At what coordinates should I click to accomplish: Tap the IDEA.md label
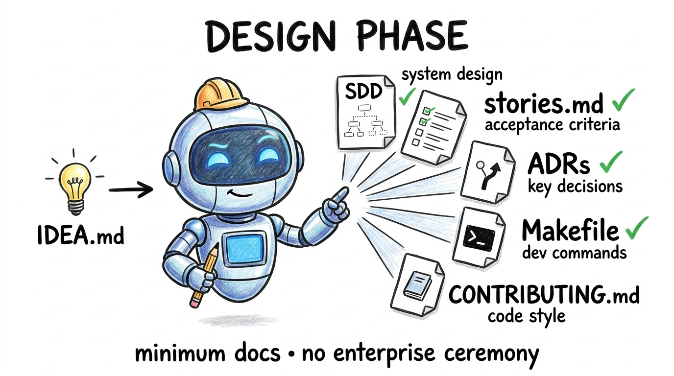(81, 235)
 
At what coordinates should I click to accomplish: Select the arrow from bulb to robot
(130, 189)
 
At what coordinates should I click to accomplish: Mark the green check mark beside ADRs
(607, 162)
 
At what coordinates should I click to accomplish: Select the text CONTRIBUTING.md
(544, 294)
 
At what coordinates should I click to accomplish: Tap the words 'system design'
(452, 75)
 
